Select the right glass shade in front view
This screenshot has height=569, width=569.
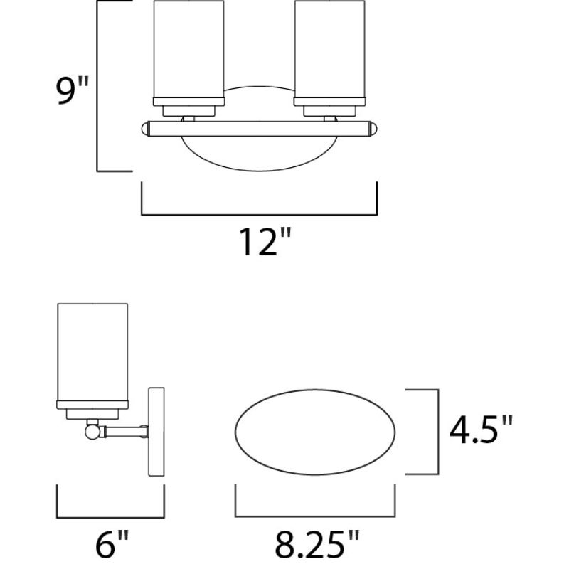(x=329, y=50)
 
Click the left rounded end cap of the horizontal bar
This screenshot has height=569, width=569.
(x=146, y=129)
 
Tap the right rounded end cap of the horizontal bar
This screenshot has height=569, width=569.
(x=373, y=129)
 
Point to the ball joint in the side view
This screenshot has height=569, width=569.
(x=91, y=430)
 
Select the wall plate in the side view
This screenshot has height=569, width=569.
(x=156, y=430)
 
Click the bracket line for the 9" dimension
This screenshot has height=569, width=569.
(x=97, y=85)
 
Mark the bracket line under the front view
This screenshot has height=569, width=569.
(x=260, y=213)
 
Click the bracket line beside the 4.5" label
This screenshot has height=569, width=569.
(x=435, y=432)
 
